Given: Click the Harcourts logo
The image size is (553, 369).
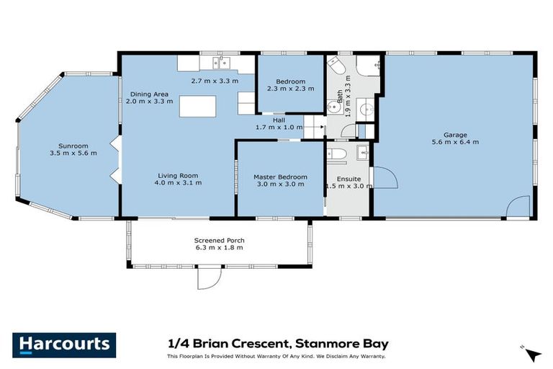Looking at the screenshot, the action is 64,344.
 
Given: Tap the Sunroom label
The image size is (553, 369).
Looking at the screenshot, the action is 73,146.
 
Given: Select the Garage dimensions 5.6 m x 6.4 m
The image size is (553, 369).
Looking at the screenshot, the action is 455,142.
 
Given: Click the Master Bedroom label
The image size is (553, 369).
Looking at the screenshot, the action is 280,177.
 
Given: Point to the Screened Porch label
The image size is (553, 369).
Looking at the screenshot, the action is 219,240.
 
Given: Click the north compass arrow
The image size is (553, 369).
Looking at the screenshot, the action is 532,353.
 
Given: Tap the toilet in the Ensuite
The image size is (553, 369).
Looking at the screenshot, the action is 336,155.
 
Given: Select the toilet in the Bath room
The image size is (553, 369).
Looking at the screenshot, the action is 336,66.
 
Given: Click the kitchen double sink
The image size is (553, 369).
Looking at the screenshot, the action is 221,63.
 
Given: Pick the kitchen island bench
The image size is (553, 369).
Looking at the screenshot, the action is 197,106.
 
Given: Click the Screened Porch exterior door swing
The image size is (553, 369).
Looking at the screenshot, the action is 210,277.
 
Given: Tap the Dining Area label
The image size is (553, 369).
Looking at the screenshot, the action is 149,94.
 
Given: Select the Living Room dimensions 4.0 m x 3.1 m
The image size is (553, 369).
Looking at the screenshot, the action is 178,182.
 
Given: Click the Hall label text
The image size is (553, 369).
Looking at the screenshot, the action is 279,120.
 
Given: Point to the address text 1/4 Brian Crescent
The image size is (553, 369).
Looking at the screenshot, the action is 228,343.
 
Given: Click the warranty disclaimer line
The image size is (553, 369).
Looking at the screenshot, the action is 276,356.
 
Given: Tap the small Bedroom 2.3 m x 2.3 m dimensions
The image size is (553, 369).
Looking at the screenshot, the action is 291,89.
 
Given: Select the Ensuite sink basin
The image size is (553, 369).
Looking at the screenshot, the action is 362,153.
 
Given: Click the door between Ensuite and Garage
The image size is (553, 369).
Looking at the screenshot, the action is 385,178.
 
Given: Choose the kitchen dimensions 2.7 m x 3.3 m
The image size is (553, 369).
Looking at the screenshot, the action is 215,81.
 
